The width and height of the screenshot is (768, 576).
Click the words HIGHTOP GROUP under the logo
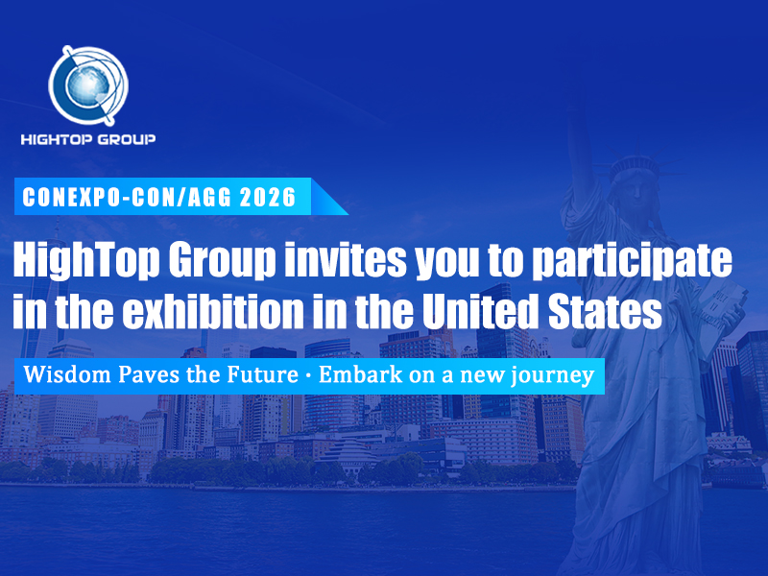[x=88, y=139]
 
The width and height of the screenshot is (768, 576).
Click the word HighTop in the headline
[x=76, y=260]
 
